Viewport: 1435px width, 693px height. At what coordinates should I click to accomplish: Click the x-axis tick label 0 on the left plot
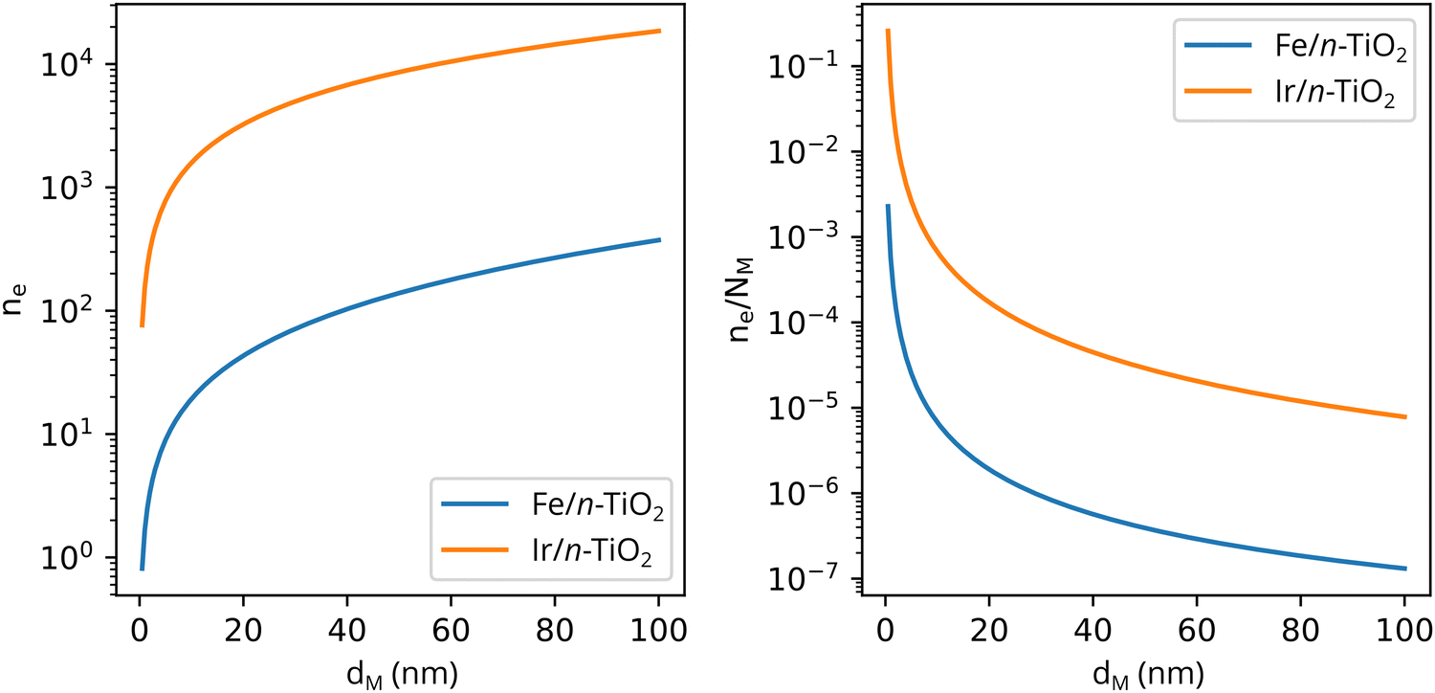(141, 633)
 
